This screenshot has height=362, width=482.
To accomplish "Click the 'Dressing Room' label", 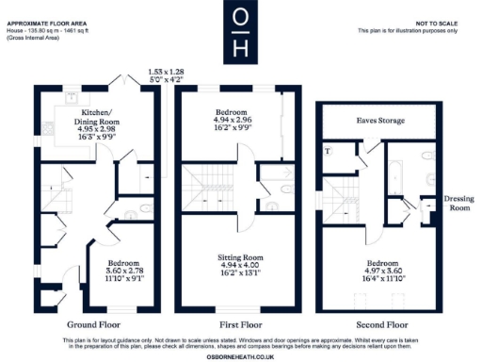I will coord(458,204).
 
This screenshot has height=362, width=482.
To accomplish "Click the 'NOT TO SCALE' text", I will coord(436,23).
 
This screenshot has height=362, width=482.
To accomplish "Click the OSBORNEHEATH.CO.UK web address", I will coord(241,354).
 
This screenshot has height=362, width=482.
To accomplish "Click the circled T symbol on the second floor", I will coord(327,150).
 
